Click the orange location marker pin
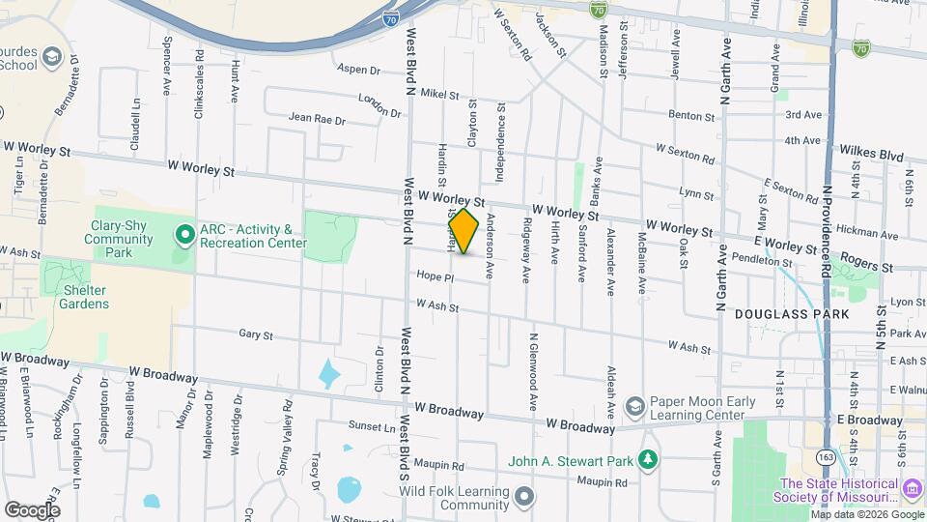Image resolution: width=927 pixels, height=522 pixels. point(463,231)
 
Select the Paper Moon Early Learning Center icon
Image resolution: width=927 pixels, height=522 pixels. point(634,404)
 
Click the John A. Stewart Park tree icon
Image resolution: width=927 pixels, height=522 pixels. point(652,460)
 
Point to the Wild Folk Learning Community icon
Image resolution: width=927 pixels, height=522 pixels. point(524,498)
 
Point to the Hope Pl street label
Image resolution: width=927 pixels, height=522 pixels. point(435,276)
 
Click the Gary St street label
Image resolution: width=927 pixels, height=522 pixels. point(256,334)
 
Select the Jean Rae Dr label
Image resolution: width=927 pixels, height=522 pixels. point(317,118)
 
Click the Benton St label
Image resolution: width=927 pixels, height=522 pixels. point(690,115)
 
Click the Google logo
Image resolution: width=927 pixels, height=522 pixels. point(32,508)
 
